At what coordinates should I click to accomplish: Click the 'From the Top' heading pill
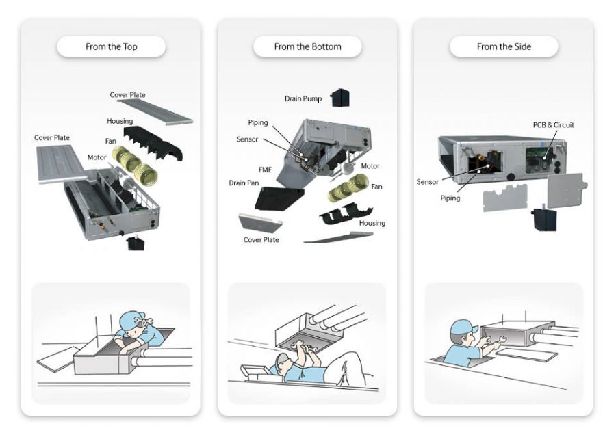click(x=111, y=46)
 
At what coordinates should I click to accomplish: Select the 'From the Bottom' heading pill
click(x=307, y=46)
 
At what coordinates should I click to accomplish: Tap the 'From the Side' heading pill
click(x=504, y=46)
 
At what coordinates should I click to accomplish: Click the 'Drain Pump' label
click(x=303, y=99)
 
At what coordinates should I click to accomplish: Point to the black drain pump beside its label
click(x=340, y=97)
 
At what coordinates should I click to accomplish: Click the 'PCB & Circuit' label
click(x=554, y=124)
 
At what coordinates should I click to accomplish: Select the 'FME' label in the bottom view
click(x=265, y=170)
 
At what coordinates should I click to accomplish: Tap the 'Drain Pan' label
click(x=244, y=183)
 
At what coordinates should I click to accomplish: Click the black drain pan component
click(x=279, y=198)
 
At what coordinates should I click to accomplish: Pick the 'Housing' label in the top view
click(x=120, y=121)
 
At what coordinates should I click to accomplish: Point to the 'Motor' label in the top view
click(x=97, y=157)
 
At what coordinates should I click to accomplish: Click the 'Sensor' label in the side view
click(x=427, y=182)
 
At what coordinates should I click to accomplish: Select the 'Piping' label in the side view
click(x=450, y=198)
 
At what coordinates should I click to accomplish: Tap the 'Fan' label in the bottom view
click(x=376, y=187)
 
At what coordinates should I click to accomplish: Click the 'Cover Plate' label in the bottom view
click(x=261, y=240)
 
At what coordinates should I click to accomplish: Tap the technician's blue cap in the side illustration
click(x=463, y=327)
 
